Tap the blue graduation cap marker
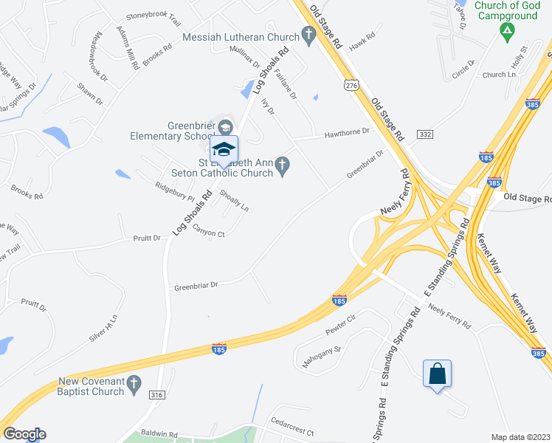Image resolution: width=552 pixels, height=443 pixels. [x=224, y=149]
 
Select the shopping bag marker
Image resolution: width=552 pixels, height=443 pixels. [x=437, y=374]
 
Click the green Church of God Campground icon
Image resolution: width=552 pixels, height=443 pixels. [x=506, y=30]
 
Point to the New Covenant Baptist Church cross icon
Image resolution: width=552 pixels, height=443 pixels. [x=134, y=382]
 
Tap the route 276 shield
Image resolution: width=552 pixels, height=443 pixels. [x=351, y=86]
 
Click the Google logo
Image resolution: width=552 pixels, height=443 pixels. [x=24, y=434]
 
